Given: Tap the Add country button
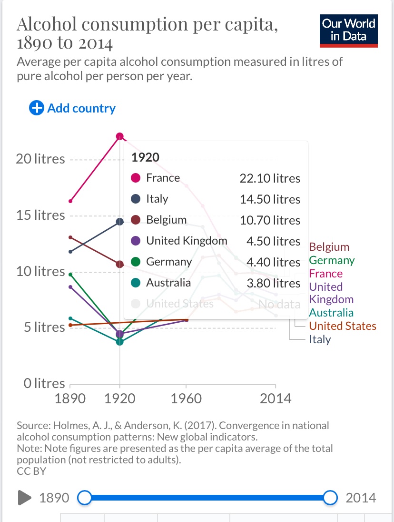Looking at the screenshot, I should (x=72, y=108).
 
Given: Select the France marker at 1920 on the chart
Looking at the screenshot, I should (x=120, y=137).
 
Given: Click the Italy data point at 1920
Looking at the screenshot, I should (x=120, y=222).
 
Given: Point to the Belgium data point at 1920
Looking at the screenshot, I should (x=120, y=264).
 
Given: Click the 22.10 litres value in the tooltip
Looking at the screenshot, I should (x=270, y=178).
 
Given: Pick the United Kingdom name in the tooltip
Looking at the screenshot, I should (x=187, y=241).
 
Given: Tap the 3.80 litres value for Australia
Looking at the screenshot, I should (x=273, y=283).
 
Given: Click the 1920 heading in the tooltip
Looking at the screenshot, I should (x=145, y=157).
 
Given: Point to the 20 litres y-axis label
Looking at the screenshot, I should (x=40, y=159).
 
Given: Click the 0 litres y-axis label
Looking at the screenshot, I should (x=44, y=383).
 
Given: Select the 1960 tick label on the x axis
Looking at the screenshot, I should (x=186, y=399).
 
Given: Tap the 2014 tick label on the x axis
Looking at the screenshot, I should (x=276, y=399).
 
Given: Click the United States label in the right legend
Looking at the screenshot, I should (x=342, y=326).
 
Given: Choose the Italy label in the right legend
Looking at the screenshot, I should (x=320, y=339).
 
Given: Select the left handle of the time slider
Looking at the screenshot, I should (x=84, y=498).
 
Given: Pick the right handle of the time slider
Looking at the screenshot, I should (x=330, y=498).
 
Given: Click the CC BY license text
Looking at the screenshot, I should (x=31, y=471).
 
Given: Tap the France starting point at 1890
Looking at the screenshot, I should (x=70, y=201).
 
